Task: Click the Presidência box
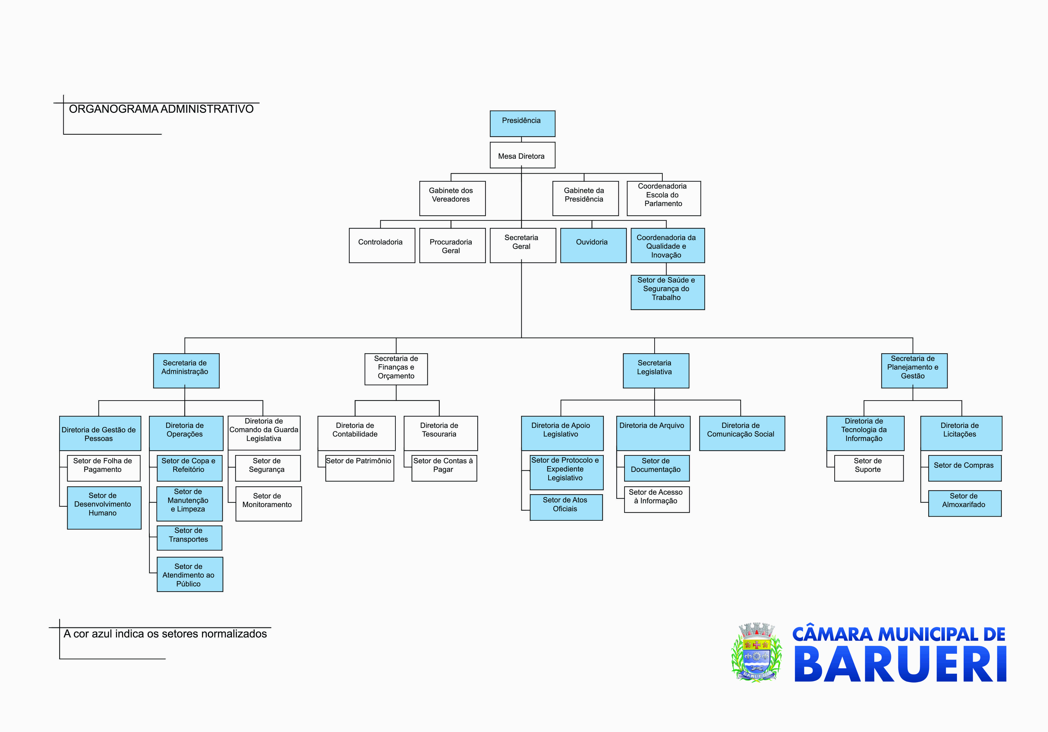pyautogui.click(x=522, y=123)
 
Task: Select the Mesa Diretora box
pyautogui.click(x=522, y=155)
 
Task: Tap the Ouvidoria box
pyautogui.click(x=593, y=245)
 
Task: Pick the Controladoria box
pyautogui.click(x=382, y=245)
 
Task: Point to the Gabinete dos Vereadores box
pyautogui.click(x=452, y=198)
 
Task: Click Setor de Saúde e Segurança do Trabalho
pyautogui.click(x=667, y=292)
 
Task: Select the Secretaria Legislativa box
pyautogui.click(x=655, y=370)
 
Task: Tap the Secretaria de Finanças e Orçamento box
pyautogui.click(x=396, y=369)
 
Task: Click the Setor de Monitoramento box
pyautogui.click(x=268, y=503)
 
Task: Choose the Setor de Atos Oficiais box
pyautogui.click(x=566, y=507)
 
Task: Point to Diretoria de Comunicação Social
pyautogui.click(x=742, y=433)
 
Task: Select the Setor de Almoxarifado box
pyautogui.click(x=964, y=503)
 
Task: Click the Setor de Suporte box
pyautogui.click(x=869, y=468)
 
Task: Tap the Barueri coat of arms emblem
pyautogui.click(x=756, y=652)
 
